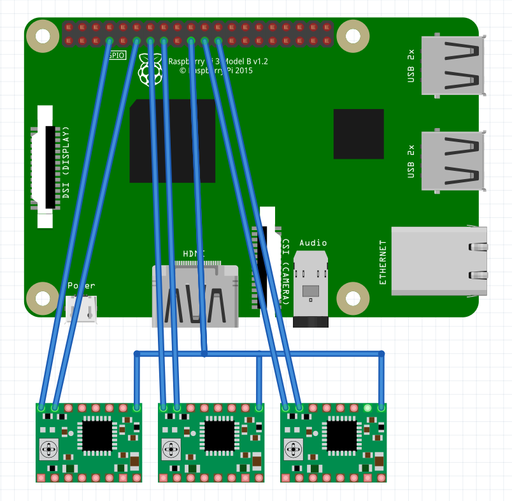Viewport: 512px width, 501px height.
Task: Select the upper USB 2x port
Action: (x=452, y=66)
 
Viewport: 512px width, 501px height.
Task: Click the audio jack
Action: (x=310, y=287)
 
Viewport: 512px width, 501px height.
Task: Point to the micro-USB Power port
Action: (x=82, y=309)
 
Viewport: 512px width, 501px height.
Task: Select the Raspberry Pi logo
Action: (x=150, y=69)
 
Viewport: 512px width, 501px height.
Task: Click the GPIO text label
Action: (x=117, y=55)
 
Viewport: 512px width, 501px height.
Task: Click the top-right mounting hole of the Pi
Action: (x=352, y=34)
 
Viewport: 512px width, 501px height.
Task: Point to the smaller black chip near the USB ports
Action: (x=359, y=134)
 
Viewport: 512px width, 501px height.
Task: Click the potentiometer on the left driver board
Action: (x=49, y=450)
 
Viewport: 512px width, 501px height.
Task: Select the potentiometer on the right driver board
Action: (x=294, y=450)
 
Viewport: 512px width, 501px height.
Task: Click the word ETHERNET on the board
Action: (x=383, y=262)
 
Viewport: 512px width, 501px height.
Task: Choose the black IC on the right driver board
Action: (x=341, y=435)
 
